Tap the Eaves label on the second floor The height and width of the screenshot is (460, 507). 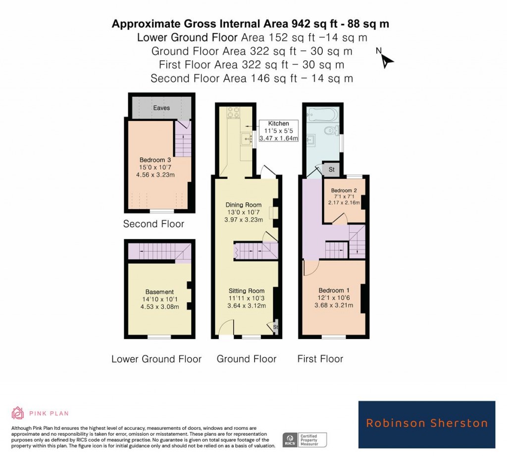pyautogui.click(x=161, y=108)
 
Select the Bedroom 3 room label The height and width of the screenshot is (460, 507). pyautogui.click(x=155, y=168)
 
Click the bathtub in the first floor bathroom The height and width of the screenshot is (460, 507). pyautogui.click(x=322, y=115)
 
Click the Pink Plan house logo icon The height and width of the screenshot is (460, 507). pyautogui.click(x=17, y=413)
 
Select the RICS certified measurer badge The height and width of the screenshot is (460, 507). pyautogui.click(x=304, y=439)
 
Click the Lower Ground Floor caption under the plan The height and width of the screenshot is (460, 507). pyautogui.click(x=156, y=359)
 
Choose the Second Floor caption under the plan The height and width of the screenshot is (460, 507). pyautogui.click(x=153, y=224)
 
